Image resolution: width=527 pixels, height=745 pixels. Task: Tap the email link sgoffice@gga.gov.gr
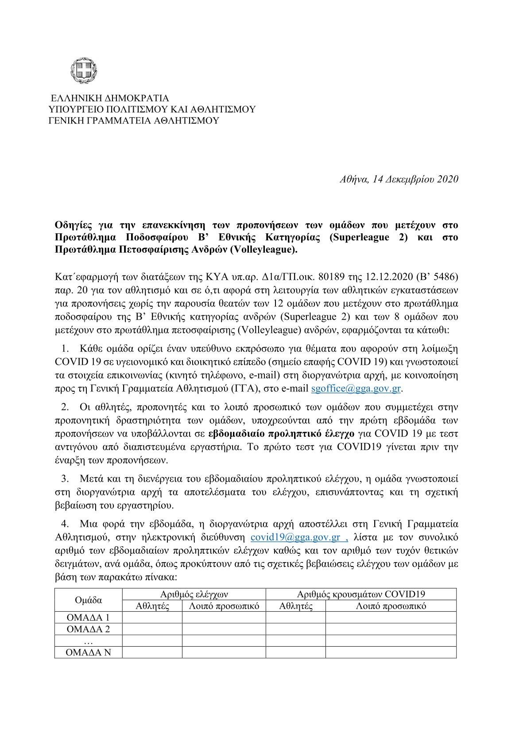click(356, 389)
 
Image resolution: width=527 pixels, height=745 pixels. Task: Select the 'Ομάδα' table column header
click(89, 600)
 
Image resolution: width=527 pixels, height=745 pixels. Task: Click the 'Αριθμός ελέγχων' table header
click(194, 594)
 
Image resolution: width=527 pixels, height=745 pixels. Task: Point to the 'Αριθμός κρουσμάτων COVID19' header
click(361, 594)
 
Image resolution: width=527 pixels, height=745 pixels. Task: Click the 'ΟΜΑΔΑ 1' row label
click(88, 618)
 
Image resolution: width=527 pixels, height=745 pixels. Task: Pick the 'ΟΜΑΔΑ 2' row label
click(88, 629)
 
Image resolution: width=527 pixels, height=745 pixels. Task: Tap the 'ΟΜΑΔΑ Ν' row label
click(88, 652)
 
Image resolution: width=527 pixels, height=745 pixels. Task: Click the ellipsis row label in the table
click(88, 641)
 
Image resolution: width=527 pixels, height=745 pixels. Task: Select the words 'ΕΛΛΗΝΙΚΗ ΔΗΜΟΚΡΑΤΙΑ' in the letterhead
click(110, 98)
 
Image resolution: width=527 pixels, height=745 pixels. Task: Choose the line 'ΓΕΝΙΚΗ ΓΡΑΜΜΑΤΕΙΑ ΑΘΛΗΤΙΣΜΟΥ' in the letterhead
click(133, 121)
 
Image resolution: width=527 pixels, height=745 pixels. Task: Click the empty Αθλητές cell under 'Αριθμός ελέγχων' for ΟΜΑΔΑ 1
click(152, 618)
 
